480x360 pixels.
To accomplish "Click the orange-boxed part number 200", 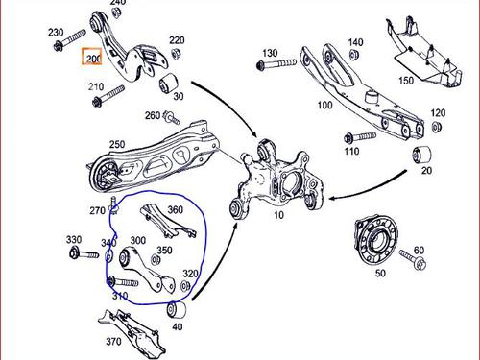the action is click(x=92, y=57).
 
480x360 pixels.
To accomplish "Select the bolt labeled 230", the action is click(x=69, y=40).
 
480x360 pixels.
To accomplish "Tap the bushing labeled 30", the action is click(x=168, y=84).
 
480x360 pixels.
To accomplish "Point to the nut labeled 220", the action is click(x=176, y=53).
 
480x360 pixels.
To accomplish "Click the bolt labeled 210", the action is click(x=108, y=96).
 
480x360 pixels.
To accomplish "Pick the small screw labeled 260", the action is click(x=172, y=117).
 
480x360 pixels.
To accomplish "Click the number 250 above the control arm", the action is click(x=117, y=144).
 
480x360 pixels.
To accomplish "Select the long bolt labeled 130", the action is click(x=276, y=64).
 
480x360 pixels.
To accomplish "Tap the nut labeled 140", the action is click(x=352, y=55).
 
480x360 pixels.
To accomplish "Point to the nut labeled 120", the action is click(x=436, y=127).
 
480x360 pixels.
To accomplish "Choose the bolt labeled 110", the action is click(x=360, y=137).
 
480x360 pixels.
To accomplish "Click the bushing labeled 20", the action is click(x=421, y=156).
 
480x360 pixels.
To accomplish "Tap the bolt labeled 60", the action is click(x=413, y=260).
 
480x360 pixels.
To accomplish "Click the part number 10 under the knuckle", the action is click(x=278, y=215).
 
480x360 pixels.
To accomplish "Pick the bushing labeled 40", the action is click(x=177, y=310).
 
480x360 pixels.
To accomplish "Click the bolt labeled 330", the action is click(x=84, y=254).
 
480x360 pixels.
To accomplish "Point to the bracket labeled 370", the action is click(x=132, y=331).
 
